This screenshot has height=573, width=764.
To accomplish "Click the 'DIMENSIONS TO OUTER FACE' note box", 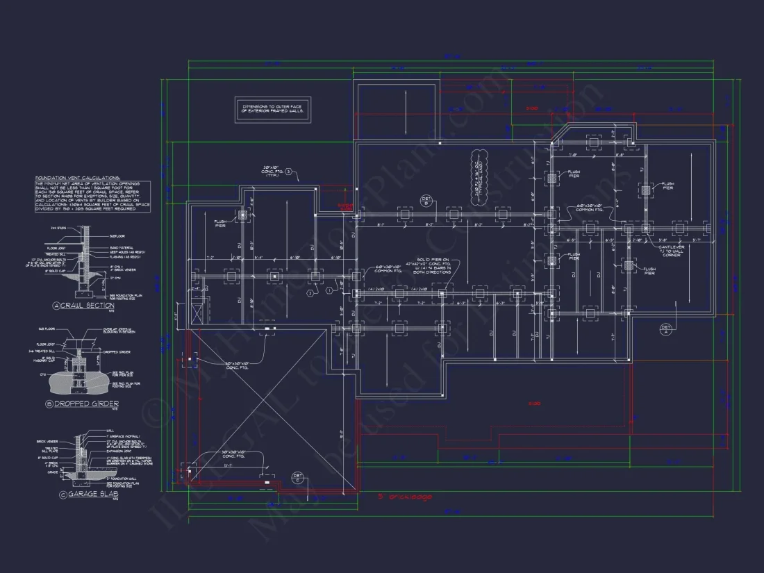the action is pyautogui.click(x=272, y=108).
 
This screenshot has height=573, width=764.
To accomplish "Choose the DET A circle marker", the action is pyautogui.click(x=665, y=329).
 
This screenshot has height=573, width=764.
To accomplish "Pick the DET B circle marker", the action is pyautogui.click(x=426, y=200).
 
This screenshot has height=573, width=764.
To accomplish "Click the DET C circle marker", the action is pyautogui.click(x=297, y=477).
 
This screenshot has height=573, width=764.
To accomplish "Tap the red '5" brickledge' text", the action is pyautogui.click(x=405, y=497).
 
